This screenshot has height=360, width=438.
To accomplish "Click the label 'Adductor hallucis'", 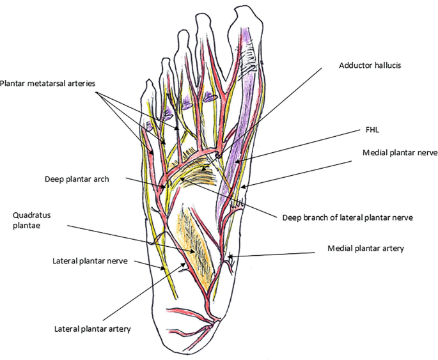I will click(x=370, y=66).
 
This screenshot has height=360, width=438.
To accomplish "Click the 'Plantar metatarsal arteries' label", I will click(x=47, y=82).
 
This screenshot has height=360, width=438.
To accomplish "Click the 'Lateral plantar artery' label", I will click(x=93, y=329).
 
